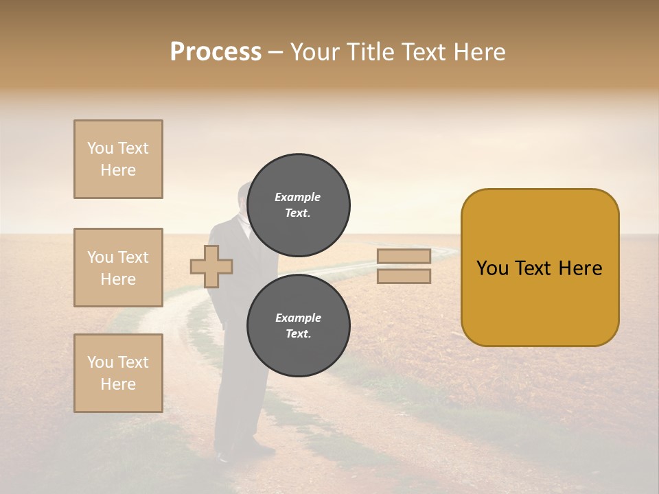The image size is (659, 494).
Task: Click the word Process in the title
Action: pos(216,52)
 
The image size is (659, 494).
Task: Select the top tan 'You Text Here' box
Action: pos(118,159)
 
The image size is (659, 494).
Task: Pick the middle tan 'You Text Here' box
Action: pos(118,268)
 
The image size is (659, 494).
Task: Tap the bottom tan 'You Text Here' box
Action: pos(118,373)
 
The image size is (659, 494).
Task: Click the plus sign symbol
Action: pos(211,266)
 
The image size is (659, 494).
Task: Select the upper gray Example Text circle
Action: pos(298,204)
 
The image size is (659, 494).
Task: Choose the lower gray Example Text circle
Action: pos(298,325)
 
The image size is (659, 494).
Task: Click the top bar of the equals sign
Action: pos(404,256)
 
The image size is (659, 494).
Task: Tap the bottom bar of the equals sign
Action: pos(404,277)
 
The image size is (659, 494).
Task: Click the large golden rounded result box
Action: pos(540,268)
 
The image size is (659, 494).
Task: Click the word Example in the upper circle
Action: pos(297,197)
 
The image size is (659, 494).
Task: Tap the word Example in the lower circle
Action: pos(297,318)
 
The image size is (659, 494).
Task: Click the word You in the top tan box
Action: pos(100,148)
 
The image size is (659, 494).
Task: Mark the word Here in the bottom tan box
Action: pos(118,384)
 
